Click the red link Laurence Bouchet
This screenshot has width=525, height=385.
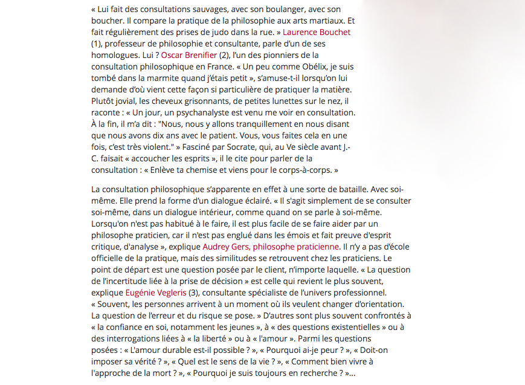point(317,32)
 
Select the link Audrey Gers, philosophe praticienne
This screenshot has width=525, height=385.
point(270,247)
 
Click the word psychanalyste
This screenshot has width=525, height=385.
point(213,112)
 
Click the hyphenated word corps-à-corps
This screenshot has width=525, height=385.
point(304,170)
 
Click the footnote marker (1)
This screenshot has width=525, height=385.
point(97,44)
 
